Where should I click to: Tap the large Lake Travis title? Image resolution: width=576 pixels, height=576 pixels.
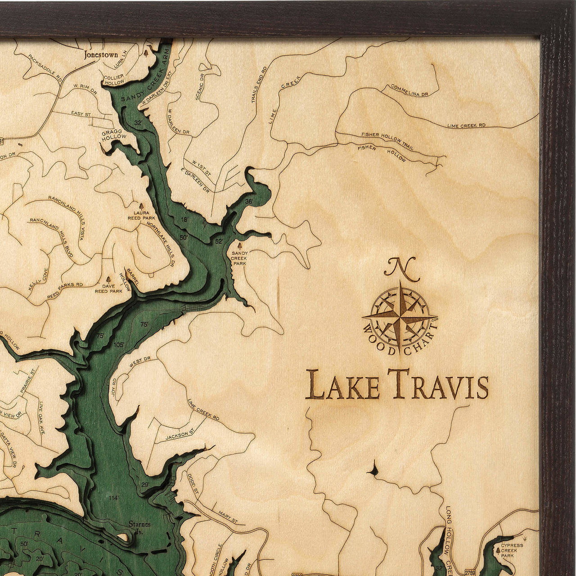click(x=397, y=385)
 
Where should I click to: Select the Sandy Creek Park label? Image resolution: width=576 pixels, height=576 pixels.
click(x=239, y=258)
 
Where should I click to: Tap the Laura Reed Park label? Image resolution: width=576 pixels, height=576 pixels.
click(x=141, y=215)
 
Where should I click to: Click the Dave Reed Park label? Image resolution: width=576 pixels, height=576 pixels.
click(x=108, y=288)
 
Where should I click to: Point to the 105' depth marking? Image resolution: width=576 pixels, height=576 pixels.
click(x=118, y=345)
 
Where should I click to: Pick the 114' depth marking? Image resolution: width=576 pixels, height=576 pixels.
click(x=114, y=498)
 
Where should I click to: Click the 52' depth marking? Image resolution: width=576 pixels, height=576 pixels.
click(x=219, y=242)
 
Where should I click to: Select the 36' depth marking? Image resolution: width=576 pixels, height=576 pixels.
click(x=249, y=201)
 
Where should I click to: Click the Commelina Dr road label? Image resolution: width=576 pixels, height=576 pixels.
click(x=409, y=90)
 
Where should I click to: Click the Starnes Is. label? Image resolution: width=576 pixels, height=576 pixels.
click(x=139, y=526)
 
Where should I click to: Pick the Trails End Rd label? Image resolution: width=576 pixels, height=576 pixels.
click(x=258, y=84)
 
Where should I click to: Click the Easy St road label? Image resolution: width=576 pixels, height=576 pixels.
click(x=81, y=114)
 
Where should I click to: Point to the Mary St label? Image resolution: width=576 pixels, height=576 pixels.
click(x=228, y=516)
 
